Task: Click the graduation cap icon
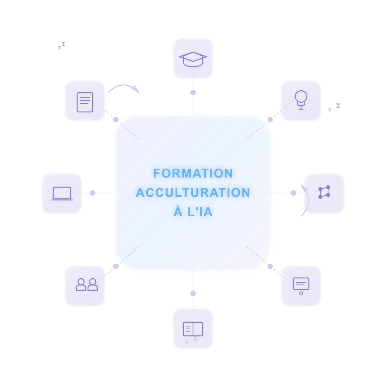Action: pos(193,59)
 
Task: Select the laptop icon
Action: pos(62,193)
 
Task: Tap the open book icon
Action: pos(193,329)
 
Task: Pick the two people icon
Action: pos(86,285)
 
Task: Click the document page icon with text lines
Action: pos(85,102)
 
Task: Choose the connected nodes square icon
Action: pos(324,192)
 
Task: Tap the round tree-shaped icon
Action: pos(301,100)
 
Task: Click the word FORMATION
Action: pos(193,173)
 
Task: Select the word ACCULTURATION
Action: pos(193,193)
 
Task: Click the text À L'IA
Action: pos(193,212)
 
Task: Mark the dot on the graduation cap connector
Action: pos(193,93)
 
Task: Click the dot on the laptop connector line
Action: pos(93,193)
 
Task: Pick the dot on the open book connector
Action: pos(193,293)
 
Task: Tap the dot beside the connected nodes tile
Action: pos(293,193)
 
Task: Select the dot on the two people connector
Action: pos(116,266)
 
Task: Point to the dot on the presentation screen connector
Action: pos(270,266)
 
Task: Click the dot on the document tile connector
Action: pos(116,120)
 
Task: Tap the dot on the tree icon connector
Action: pos(270,120)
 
